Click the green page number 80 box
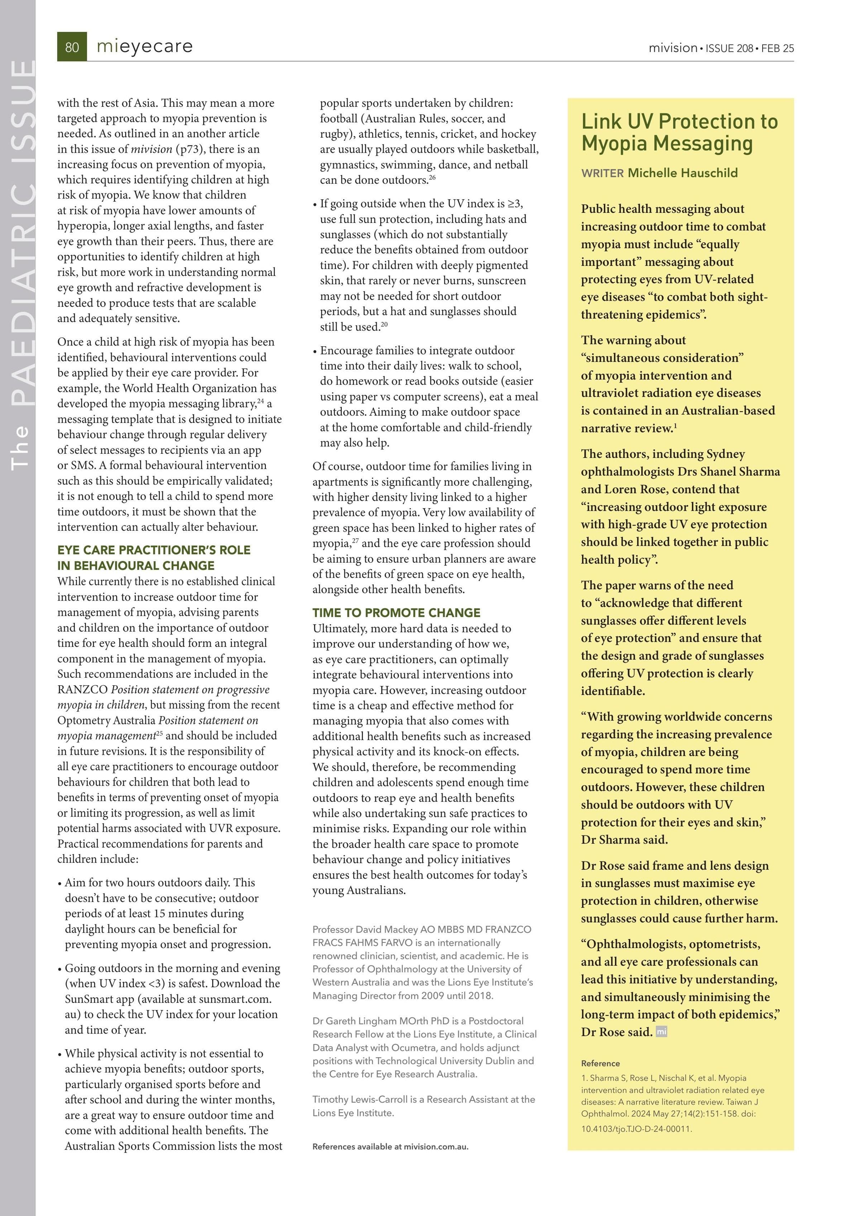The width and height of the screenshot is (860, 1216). click(x=72, y=47)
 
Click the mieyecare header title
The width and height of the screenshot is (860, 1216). click(x=144, y=47)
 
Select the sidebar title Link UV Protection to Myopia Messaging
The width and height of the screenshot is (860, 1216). click(x=679, y=132)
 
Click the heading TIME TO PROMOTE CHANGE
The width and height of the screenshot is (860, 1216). click(x=396, y=613)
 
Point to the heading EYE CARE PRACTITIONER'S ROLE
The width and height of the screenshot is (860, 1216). click(x=154, y=550)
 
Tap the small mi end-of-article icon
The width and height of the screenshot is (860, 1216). click(x=661, y=1032)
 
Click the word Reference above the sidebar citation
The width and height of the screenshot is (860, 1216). click(x=600, y=1063)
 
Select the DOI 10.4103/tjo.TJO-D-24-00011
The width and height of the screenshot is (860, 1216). click(x=636, y=1129)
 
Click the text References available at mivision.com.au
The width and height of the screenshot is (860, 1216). click(x=390, y=1146)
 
